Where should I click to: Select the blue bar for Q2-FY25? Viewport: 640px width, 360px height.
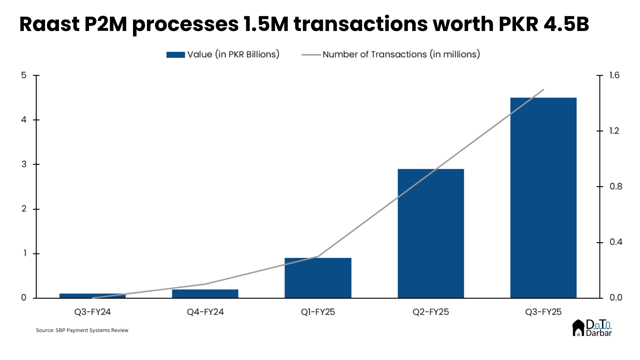point(431,233)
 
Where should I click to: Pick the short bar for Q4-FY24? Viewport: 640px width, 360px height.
point(205,294)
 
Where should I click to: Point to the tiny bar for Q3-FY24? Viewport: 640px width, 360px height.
point(92,296)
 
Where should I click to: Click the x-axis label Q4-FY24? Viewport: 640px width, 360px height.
point(205,312)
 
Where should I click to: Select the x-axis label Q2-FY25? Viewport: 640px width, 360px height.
point(431,312)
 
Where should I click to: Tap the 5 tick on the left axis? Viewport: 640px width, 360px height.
point(24,75)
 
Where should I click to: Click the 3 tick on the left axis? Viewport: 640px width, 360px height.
point(24,164)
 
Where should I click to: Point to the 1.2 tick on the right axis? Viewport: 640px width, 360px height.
point(614,131)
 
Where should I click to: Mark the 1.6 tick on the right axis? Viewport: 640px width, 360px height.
point(614,75)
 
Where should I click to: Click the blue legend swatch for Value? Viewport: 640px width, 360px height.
point(176,55)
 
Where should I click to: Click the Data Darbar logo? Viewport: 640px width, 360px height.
point(592,328)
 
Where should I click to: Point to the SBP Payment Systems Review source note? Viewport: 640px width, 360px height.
point(82,330)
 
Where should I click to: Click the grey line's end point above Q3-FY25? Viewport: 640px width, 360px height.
point(543,89)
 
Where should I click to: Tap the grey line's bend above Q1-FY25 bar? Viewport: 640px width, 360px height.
point(318,256)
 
